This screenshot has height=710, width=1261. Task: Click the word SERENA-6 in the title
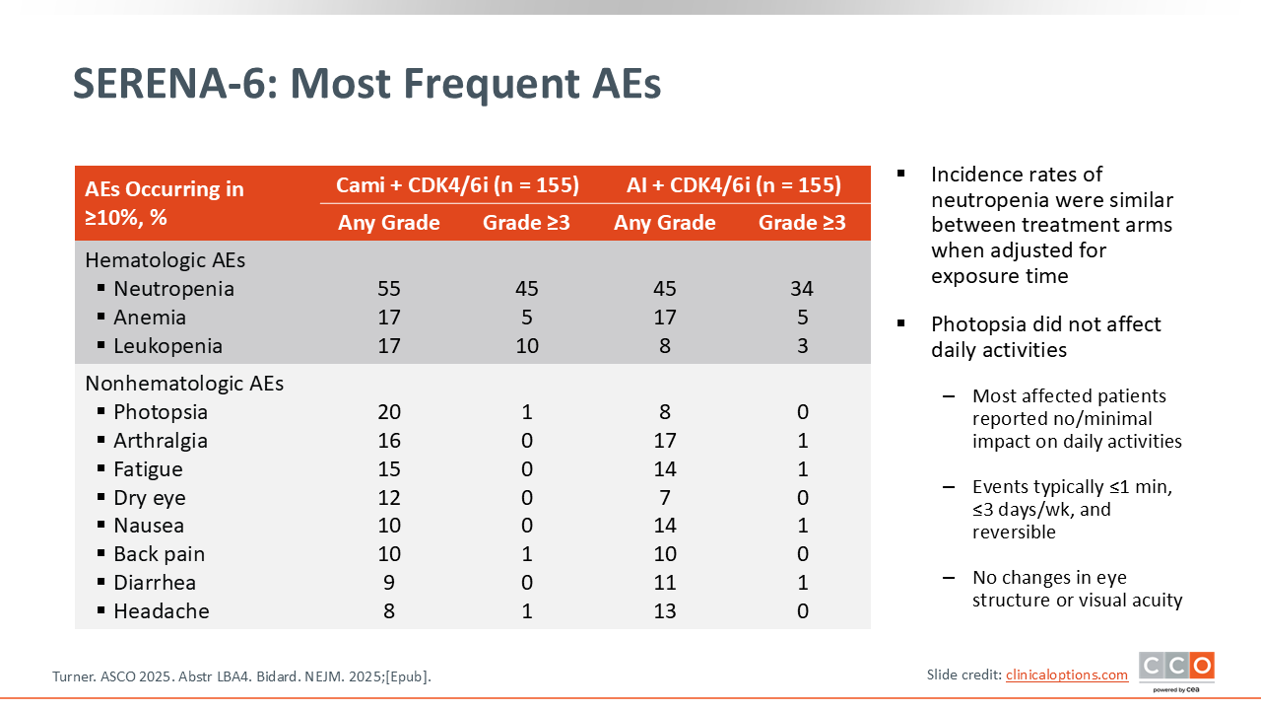click(x=175, y=84)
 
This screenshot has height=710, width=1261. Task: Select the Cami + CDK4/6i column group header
click(x=457, y=184)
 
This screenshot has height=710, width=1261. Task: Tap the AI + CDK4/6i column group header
click(x=734, y=184)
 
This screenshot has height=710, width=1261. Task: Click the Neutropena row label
click(x=173, y=289)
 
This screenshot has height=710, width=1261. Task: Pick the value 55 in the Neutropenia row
click(x=389, y=289)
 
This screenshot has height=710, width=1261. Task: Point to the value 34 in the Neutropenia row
click(x=802, y=289)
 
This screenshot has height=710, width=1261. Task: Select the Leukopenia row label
click(x=167, y=346)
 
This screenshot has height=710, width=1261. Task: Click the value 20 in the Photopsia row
click(x=389, y=412)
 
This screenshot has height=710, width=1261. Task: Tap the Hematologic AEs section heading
click(x=165, y=259)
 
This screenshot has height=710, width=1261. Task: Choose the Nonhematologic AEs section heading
click(x=184, y=384)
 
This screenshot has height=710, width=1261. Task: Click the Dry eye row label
click(x=150, y=498)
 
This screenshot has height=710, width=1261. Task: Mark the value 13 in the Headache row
click(x=664, y=610)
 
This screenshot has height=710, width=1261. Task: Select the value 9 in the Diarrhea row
click(x=389, y=583)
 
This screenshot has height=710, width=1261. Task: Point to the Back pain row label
click(x=160, y=554)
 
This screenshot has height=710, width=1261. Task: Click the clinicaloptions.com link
click(x=1067, y=674)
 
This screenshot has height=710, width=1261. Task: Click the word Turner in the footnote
click(x=74, y=676)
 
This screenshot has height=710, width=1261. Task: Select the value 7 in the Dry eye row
click(x=664, y=498)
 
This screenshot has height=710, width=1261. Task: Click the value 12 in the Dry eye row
click(x=389, y=498)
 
